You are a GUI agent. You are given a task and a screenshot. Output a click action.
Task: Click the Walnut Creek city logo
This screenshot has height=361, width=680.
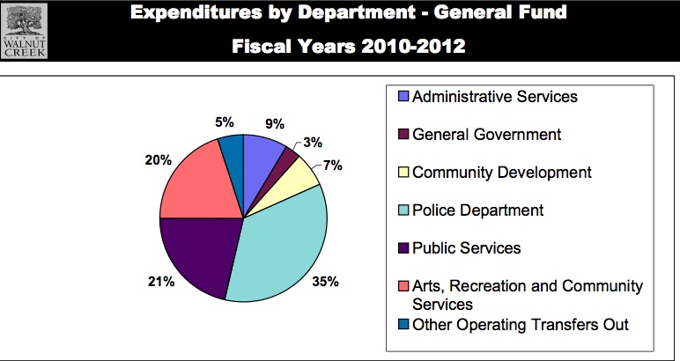(26, 30)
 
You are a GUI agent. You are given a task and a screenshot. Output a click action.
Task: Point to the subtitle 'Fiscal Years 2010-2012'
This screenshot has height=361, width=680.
(349, 45)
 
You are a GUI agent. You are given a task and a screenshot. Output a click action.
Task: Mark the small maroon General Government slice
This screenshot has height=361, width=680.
(287, 156)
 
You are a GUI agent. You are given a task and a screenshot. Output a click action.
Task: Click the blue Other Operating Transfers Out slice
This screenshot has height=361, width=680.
(232, 151)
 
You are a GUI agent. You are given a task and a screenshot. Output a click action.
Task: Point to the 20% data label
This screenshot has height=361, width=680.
(145, 160)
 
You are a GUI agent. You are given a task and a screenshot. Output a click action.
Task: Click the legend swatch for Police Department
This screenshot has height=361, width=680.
(403, 210)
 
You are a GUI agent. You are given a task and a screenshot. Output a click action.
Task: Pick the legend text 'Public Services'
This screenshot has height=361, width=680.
(466, 247)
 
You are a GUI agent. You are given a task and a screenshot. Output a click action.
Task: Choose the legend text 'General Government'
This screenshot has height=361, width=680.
(486, 135)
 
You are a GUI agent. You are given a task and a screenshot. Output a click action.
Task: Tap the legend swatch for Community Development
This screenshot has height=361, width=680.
(403, 173)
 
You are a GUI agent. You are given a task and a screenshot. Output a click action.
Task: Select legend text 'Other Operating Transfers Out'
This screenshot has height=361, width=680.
(521, 324)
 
